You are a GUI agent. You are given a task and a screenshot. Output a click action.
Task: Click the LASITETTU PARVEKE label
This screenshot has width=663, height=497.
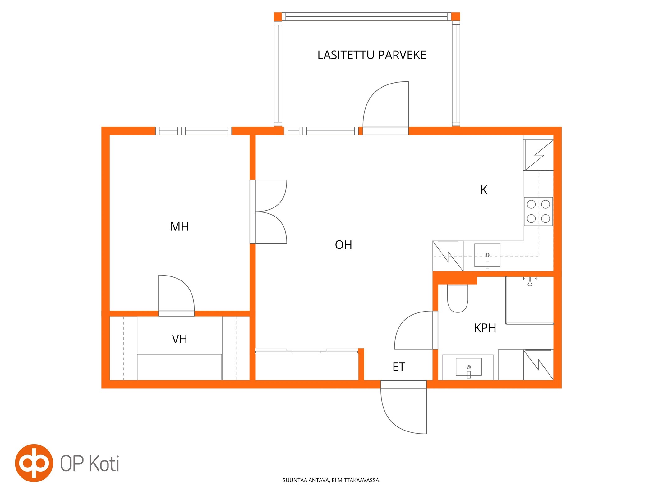371,55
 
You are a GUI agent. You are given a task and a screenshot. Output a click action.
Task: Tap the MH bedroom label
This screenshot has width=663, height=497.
179,226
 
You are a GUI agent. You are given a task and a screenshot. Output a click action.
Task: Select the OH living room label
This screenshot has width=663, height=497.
343,245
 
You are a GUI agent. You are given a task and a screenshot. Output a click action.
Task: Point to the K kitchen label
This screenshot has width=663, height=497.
484,190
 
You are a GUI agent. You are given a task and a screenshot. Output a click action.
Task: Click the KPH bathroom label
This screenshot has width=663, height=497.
485,328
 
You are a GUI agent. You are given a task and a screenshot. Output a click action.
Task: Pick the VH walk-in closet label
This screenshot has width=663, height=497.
179,339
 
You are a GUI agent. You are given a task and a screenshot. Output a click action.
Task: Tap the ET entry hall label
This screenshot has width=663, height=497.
399,367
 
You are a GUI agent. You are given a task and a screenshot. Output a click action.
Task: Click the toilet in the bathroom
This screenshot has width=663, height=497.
457,299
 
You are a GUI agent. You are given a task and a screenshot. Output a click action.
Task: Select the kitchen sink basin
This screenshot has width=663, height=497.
487,255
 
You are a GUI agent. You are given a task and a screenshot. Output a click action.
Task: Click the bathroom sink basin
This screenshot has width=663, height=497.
468,367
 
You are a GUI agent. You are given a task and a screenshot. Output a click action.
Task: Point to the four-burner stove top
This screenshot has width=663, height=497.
538,211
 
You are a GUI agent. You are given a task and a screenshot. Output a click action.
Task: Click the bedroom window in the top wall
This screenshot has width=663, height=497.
193,131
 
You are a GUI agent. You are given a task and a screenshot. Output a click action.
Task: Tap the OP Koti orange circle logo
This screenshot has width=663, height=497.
34,463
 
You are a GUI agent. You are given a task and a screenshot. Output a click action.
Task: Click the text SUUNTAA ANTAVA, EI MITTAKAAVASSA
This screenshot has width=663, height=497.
331,480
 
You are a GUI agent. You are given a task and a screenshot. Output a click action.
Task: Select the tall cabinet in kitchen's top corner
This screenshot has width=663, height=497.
539,155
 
